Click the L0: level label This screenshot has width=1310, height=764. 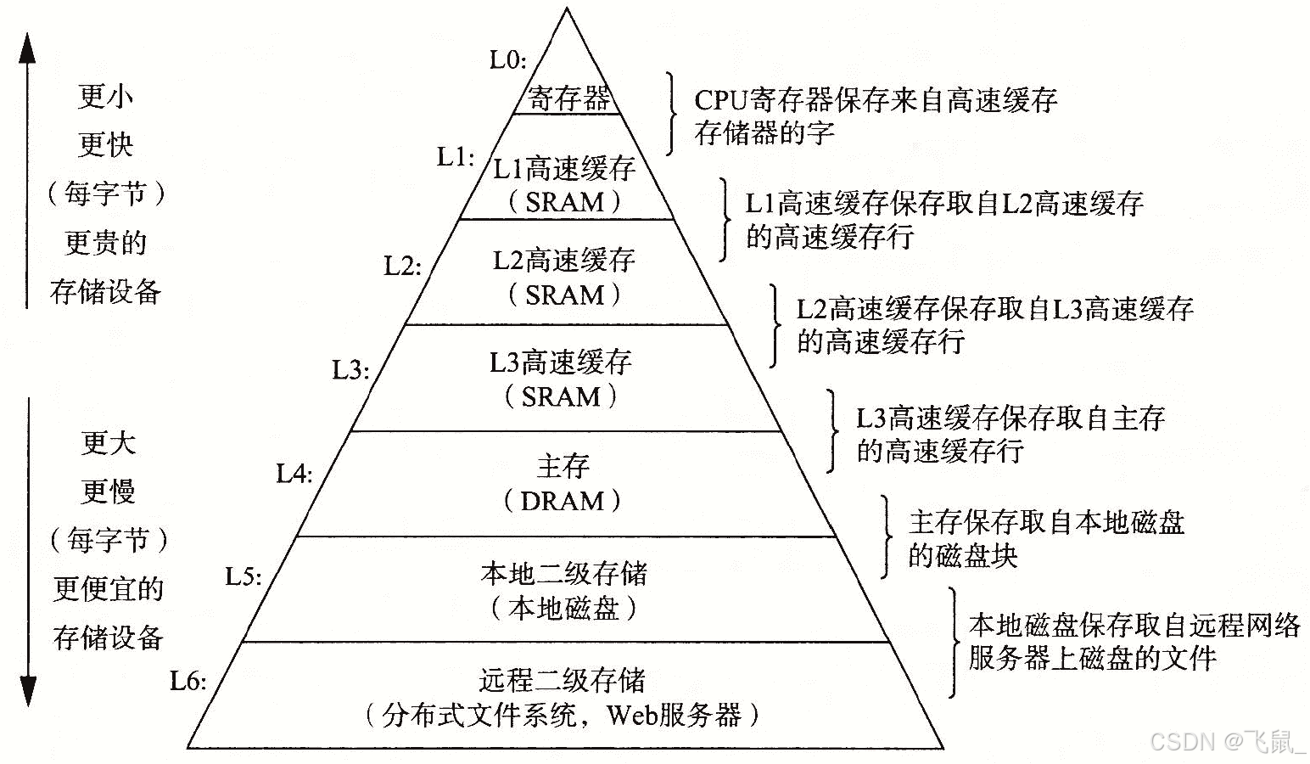508,59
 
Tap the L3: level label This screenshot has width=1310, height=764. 350,370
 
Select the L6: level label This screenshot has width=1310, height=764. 188,681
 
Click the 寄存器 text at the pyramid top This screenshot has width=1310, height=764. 568,98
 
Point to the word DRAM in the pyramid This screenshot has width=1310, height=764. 562,501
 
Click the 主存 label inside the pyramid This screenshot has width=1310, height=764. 563,465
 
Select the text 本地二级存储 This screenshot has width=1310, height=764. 563,574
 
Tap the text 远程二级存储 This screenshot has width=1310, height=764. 562,680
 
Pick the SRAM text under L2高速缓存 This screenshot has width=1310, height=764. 564,295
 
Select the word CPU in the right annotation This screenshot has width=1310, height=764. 720,100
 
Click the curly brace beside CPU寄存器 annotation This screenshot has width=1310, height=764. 672,114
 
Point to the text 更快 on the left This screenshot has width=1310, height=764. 106,144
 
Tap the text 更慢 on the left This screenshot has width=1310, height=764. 108,491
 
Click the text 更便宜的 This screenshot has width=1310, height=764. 108,588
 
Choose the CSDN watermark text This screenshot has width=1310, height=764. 1183,741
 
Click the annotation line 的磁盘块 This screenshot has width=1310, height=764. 962,556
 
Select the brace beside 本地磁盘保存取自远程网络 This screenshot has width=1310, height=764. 953,642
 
